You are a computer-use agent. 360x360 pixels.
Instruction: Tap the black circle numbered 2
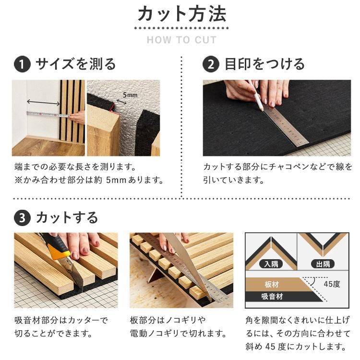(x=210, y=64)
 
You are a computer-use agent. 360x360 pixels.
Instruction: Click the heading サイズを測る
(x=76, y=64)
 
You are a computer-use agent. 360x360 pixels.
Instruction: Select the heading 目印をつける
(x=264, y=64)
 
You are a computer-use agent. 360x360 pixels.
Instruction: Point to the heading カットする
(x=67, y=218)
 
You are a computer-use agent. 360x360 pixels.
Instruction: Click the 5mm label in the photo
(x=130, y=95)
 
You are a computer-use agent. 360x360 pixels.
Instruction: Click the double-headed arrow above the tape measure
(x=43, y=102)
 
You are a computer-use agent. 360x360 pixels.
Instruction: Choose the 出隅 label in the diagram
(x=323, y=264)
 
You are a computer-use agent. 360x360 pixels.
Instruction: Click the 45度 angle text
(x=331, y=284)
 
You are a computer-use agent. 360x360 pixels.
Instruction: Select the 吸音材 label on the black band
(x=272, y=296)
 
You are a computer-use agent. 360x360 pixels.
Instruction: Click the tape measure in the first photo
(x=48, y=114)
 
